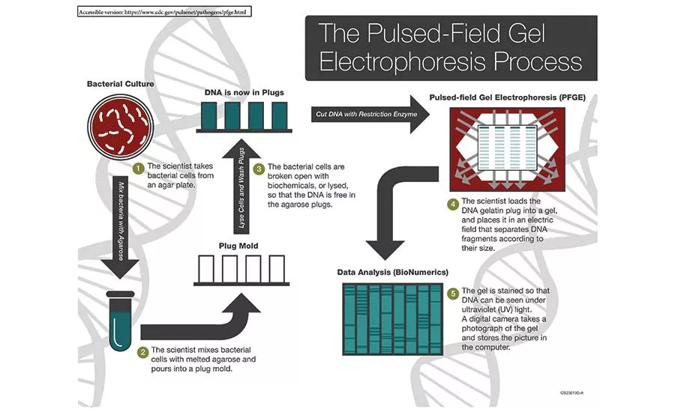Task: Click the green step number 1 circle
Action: point(138,168)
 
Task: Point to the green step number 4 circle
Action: point(452,203)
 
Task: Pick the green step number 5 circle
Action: point(452,293)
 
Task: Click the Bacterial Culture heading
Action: point(120,84)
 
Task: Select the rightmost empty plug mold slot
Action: point(277,268)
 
